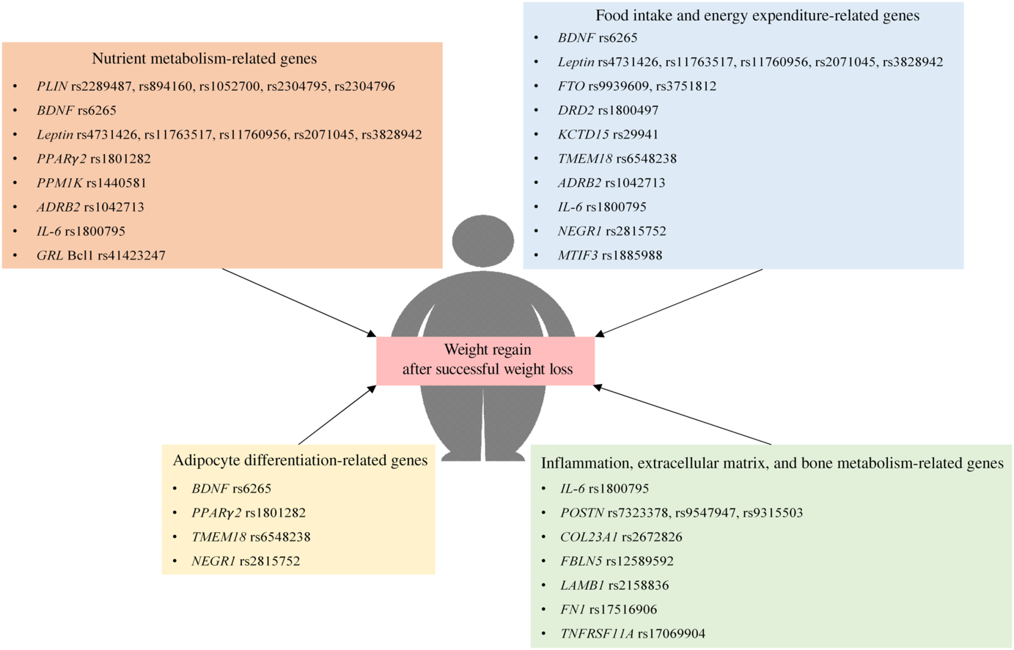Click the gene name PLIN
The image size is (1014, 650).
pyautogui.click(x=52, y=86)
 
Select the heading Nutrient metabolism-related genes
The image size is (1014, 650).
pyautogui.click(x=204, y=59)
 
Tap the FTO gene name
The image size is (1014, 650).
pyautogui.click(x=571, y=86)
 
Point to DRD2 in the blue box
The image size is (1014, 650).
pyautogui.click(x=576, y=111)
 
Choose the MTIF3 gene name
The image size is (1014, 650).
pyautogui.click(x=578, y=256)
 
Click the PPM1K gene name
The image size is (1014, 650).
pyautogui.click(x=59, y=183)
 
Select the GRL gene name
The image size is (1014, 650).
pyautogui.click(x=50, y=256)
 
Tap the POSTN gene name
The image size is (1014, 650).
pyautogui.click(x=581, y=513)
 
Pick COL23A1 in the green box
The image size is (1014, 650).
pyautogui.click(x=589, y=537)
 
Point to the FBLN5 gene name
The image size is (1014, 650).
pyautogui.click(x=581, y=561)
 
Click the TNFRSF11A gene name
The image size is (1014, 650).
pyautogui.click(x=597, y=634)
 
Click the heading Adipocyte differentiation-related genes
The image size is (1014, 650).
pyautogui.click(x=300, y=461)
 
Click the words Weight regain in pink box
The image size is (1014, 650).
pyautogui.click(x=488, y=350)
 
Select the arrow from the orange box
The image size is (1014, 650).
pyautogui.click(x=298, y=303)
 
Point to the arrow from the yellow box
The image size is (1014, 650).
pyautogui.click(x=337, y=415)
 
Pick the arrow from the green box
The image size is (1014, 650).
pyautogui.click(x=682, y=415)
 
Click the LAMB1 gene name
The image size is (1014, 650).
pyautogui.click(x=582, y=586)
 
